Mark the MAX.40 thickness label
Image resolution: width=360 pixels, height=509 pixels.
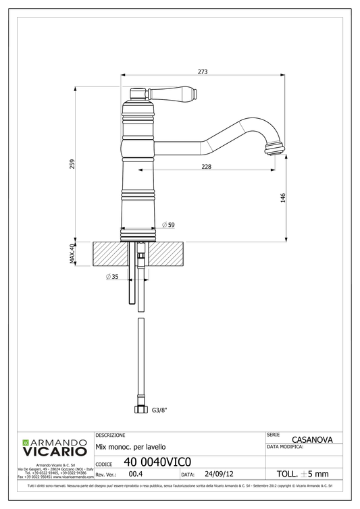click(x=72, y=254)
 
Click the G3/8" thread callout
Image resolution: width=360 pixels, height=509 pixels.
click(x=159, y=409)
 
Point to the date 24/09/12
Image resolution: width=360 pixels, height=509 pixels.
click(x=220, y=474)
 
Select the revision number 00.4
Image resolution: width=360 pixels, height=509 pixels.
click(x=134, y=474)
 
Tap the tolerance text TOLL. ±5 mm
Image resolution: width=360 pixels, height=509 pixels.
click(x=303, y=474)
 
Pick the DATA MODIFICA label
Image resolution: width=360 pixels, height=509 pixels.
click(x=285, y=446)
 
